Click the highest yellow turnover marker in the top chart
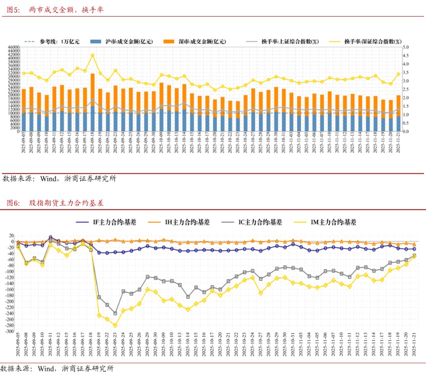[92, 56]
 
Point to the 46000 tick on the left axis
[14, 48]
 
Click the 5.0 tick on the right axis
[406, 48]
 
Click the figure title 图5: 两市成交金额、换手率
[55, 9]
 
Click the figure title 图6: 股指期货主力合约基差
[55, 203]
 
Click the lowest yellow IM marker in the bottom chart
[115, 325]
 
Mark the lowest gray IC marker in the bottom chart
[115, 313]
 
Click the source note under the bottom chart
[58, 369]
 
